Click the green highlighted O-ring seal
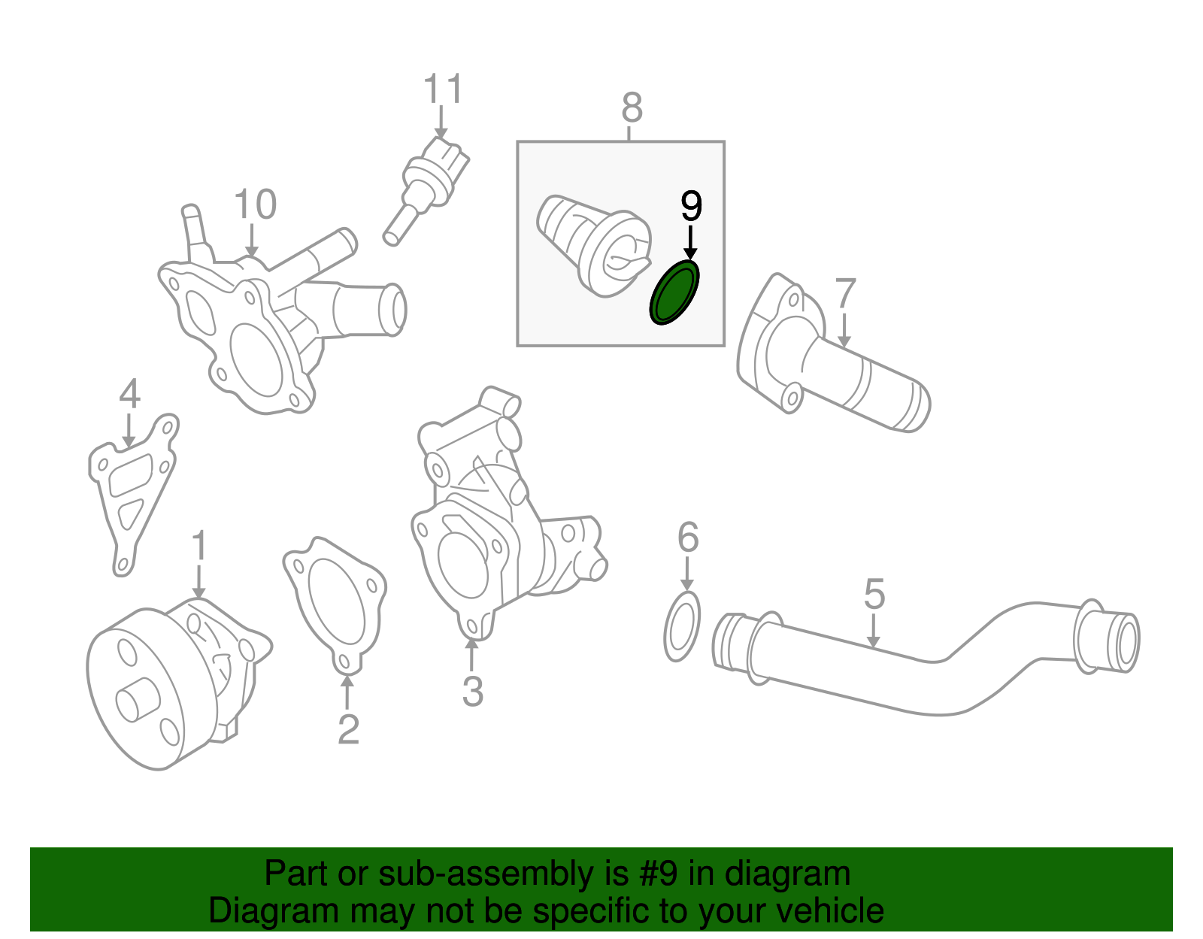674,293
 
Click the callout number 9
690,205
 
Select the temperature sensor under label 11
427,184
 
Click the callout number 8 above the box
632,108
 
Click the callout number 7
845,294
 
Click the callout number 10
255,204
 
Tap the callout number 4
129,394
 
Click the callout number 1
198,547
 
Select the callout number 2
347,729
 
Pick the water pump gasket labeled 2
335,601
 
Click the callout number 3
472,692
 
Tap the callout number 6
687,538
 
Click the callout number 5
874,594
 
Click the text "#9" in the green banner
659,874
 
